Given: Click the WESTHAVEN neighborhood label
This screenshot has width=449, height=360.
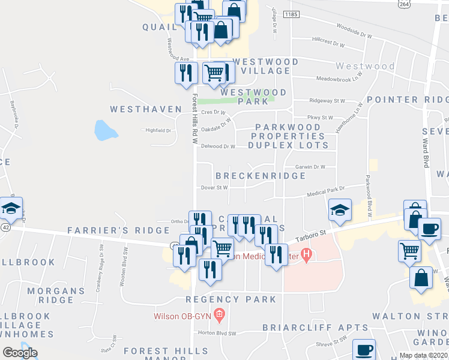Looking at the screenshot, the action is pyautogui.click(x=146, y=109).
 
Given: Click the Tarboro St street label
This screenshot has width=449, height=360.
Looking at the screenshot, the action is pyautogui.click(x=313, y=232).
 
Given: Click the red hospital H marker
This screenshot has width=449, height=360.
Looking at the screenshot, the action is pyautogui.click(x=307, y=256).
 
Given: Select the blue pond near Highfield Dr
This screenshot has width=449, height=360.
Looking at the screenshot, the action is pyautogui.click(x=103, y=130).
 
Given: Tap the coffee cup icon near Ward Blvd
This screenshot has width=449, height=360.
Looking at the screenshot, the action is pyautogui.click(x=429, y=229).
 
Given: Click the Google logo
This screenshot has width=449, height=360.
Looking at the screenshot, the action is pyautogui.click(x=20, y=353).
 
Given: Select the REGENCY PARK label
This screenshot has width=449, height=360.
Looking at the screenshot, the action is pyautogui.click(x=231, y=299).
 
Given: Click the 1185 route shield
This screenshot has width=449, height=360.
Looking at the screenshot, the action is pyautogui.click(x=291, y=14).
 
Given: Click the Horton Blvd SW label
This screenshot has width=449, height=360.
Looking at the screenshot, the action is pyautogui.click(x=214, y=333).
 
